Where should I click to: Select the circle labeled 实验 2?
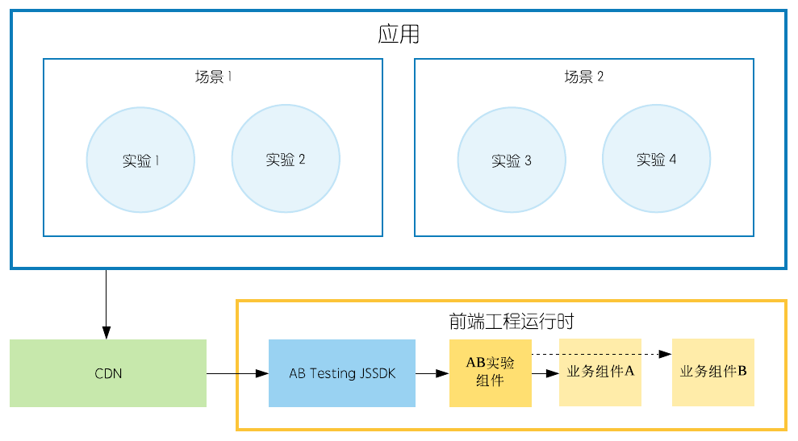tap(285, 159)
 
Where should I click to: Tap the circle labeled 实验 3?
tap(511, 159)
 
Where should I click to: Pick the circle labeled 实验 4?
tap(656, 159)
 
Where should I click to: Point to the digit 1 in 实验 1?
tap(157, 160)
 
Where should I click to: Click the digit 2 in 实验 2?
tap(302, 160)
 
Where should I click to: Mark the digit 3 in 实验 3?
tap(528, 160)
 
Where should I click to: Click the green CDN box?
tap(108, 373)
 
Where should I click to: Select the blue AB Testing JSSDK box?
tap(342, 373)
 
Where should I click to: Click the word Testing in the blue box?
tap(332, 374)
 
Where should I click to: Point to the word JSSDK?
tap(377, 374)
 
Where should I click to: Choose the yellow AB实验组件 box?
tap(491, 372)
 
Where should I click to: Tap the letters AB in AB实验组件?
tap(474, 364)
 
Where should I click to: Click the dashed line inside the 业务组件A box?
tap(600, 355)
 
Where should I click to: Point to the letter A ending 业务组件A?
tap(629, 372)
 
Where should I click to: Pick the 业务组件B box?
tap(713, 372)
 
